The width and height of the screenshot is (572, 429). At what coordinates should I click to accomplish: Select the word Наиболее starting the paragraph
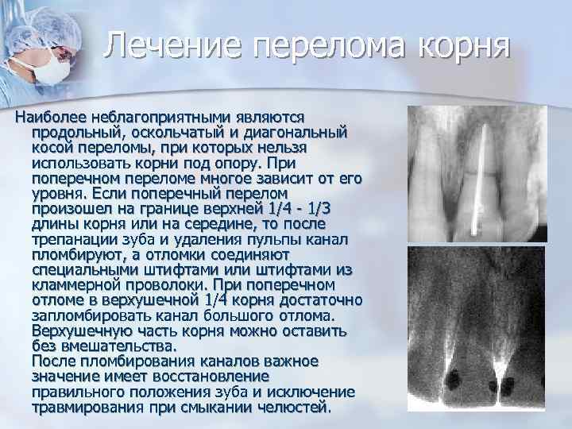pos(48,117)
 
